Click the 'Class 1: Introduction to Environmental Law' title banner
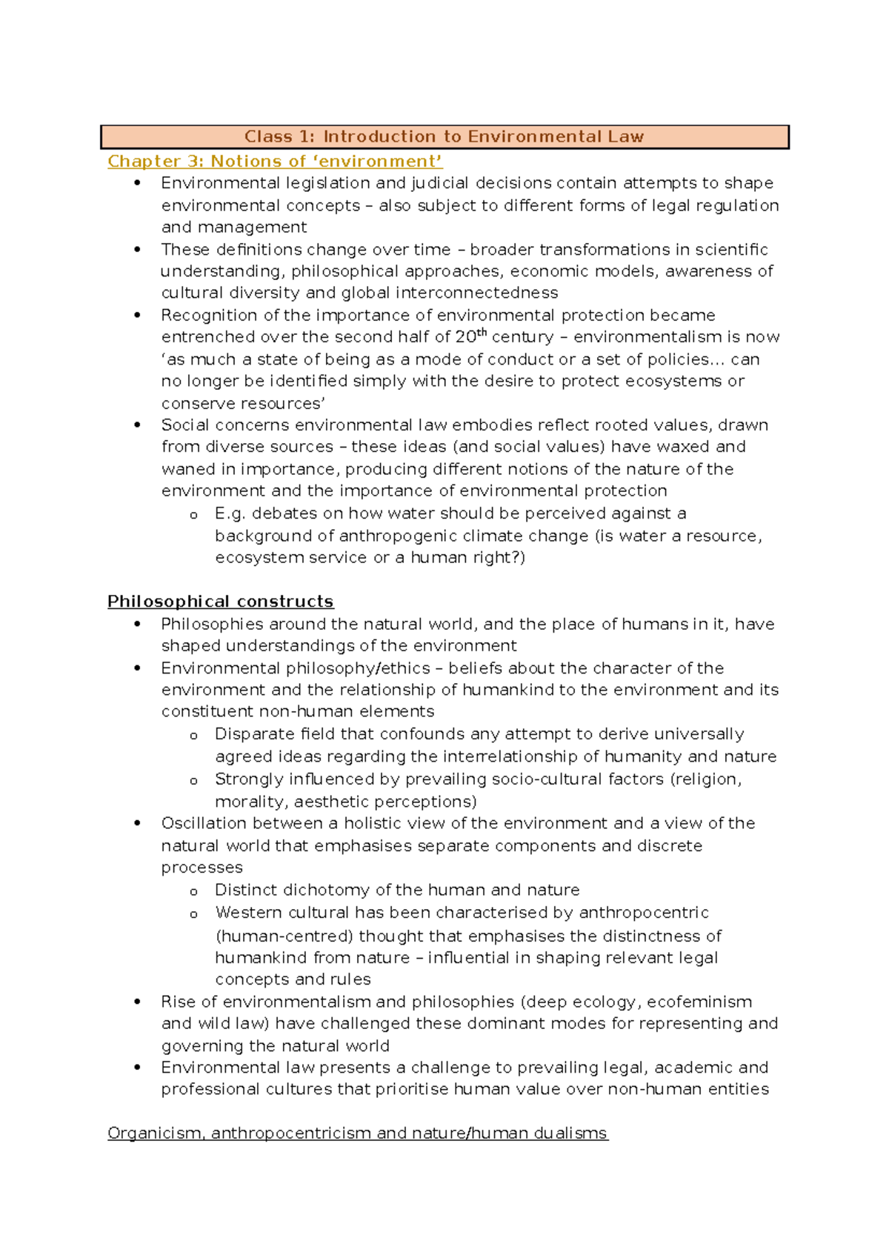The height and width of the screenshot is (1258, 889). click(x=444, y=137)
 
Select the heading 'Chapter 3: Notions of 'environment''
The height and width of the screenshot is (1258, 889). click(x=275, y=162)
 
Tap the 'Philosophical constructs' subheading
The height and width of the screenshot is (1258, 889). click(x=220, y=602)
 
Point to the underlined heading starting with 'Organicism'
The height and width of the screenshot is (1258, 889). click(x=357, y=1134)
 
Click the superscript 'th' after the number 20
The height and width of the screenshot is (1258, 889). click(x=482, y=333)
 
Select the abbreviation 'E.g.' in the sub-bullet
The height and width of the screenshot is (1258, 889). click(x=230, y=513)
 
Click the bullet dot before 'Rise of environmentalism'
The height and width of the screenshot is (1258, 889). click(x=137, y=1002)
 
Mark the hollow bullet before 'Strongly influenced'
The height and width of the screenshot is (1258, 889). click(x=193, y=781)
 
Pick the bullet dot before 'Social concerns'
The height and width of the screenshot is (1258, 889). click(x=137, y=425)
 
